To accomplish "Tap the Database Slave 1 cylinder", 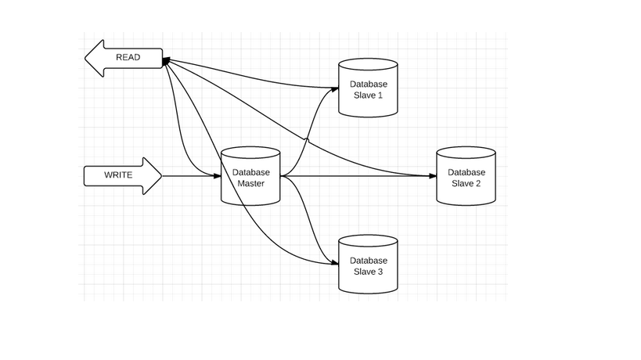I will pyautogui.click(x=368, y=88).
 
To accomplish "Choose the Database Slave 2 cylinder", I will pyautogui.click(x=466, y=177).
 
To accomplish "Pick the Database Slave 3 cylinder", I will pyautogui.click(x=368, y=266).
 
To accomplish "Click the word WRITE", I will pyautogui.click(x=118, y=175).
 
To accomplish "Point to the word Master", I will pyautogui.click(x=251, y=183).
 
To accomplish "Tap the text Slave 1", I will pyautogui.click(x=368, y=95).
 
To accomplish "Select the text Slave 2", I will pyautogui.click(x=466, y=183).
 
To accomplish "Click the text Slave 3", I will pyautogui.click(x=368, y=272).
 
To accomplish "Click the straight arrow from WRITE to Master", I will pyautogui.click(x=188, y=176).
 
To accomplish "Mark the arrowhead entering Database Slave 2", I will pyautogui.click(x=433, y=177).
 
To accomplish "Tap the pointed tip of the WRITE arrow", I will pyautogui.click(x=160, y=176).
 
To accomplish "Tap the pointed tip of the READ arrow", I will pyautogui.click(x=85, y=59).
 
